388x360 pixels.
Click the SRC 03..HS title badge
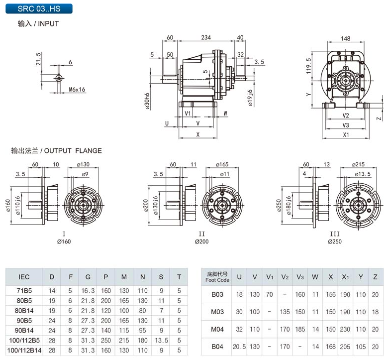[37, 8]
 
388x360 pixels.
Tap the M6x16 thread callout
[77, 90]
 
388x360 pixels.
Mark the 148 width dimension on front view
[346, 38]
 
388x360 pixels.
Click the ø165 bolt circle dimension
[222, 164]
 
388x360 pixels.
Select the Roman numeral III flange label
[335, 234]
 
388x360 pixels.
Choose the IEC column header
[24, 277]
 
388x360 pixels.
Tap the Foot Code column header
[217, 277]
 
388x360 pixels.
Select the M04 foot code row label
[217, 329]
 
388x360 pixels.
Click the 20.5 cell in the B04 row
[239, 347]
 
